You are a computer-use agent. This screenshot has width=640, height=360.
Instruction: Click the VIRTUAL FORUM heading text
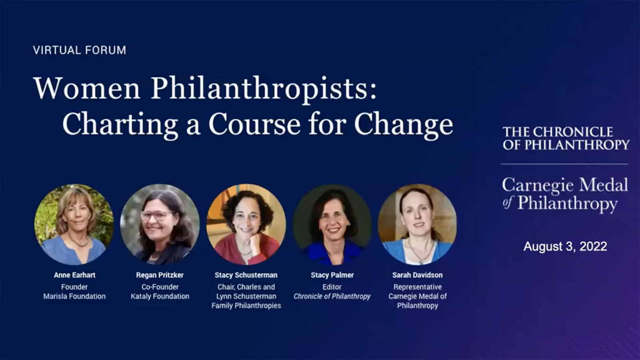pyautogui.click(x=80, y=50)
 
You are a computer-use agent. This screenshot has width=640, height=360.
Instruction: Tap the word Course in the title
pyautogui.click(x=254, y=124)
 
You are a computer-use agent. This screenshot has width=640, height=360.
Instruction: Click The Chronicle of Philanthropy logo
pyautogui.click(x=566, y=138)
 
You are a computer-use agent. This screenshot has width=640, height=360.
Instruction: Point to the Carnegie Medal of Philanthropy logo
pyautogui.click(x=565, y=195)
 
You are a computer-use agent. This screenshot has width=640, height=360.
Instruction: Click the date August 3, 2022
pyautogui.click(x=565, y=246)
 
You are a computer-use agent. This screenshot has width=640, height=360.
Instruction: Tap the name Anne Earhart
pyautogui.click(x=74, y=275)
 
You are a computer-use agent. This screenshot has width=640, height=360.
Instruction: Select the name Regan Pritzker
pyautogui.click(x=160, y=275)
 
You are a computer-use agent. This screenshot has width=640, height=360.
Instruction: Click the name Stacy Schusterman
pyautogui.click(x=246, y=275)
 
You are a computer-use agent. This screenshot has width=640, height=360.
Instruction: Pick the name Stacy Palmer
pyautogui.click(x=332, y=275)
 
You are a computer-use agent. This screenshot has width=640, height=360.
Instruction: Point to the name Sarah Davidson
pyautogui.click(x=418, y=275)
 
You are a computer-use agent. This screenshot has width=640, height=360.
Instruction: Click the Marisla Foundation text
pyautogui.click(x=74, y=296)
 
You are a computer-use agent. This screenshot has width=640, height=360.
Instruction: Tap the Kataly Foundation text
pyautogui.click(x=160, y=296)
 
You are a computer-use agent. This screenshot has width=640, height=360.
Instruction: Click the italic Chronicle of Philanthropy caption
pyautogui.click(x=332, y=296)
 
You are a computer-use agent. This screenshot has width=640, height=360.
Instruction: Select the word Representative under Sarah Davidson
pyautogui.click(x=418, y=287)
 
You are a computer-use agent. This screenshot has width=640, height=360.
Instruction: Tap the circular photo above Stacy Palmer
pyautogui.click(x=332, y=224)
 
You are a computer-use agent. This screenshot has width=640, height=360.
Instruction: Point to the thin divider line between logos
pyautogui.click(x=564, y=164)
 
